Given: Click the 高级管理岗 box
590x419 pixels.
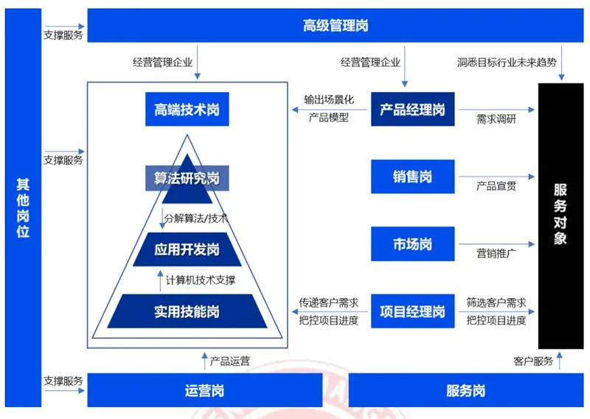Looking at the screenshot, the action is (x=336, y=26).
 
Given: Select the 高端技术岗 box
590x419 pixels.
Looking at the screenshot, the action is (x=187, y=109).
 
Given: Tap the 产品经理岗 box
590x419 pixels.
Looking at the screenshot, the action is (x=413, y=109).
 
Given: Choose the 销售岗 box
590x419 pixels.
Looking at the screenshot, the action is (x=413, y=176).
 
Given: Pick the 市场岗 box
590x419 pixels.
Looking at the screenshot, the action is (x=413, y=244).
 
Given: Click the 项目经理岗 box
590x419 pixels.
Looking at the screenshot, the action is (x=413, y=311).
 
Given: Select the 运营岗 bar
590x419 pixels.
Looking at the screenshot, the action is (x=205, y=390).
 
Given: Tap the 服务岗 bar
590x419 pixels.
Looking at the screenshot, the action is (x=466, y=390).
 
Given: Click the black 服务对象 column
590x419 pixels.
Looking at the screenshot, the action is (x=560, y=216).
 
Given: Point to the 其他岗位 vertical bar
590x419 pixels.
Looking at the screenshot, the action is (x=23, y=208).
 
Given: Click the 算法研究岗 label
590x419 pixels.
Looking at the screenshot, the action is (x=187, y=178).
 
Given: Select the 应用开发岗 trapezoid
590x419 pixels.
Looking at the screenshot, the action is (x=187, y=249).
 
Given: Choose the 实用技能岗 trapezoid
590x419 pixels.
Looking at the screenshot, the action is (x=187, y=311).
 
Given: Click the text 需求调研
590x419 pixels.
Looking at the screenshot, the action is (x=496, y=120).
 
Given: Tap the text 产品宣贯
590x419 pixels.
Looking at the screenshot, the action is (x=496, y=186).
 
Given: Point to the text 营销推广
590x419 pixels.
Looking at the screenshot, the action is (x=496, y=253).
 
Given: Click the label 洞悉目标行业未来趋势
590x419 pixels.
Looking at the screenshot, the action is (x=507, y=62).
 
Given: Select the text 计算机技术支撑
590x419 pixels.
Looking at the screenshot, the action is (x=201, y=280).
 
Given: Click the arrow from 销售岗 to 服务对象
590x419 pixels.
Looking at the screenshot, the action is (x=496, y=176).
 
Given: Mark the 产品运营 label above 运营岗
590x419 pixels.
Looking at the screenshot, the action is (x=230, y=361).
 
